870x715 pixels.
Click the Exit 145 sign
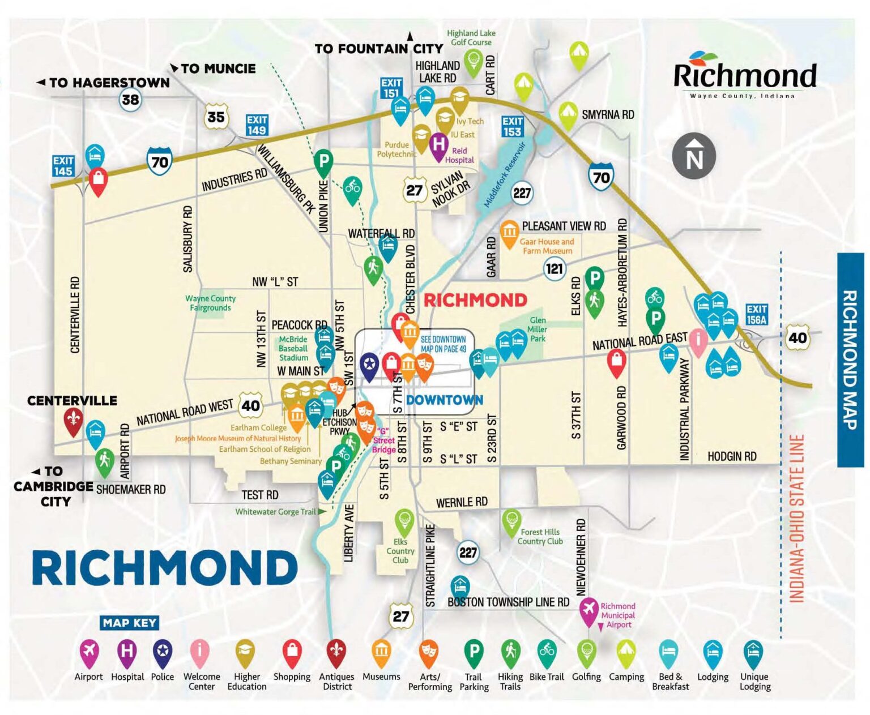click(63, 166)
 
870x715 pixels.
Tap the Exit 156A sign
click(756, 314)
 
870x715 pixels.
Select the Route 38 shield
click(130, 100)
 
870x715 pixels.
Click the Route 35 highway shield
click(216, 117)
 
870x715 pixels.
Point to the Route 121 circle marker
click(555, 268)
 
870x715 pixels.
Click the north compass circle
click(694, 156)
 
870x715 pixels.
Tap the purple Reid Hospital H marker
click(438, 145)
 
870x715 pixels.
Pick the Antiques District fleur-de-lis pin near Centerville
click(72, 420)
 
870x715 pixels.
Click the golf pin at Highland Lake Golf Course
click(473, 59)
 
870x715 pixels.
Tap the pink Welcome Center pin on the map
click(698, 341)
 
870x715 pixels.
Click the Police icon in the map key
click(163, 652)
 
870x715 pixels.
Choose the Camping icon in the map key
click(626, 652)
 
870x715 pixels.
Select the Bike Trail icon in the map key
click(547, 652)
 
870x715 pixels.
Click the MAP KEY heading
click(130, 623)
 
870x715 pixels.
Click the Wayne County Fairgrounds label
click(210, 303)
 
